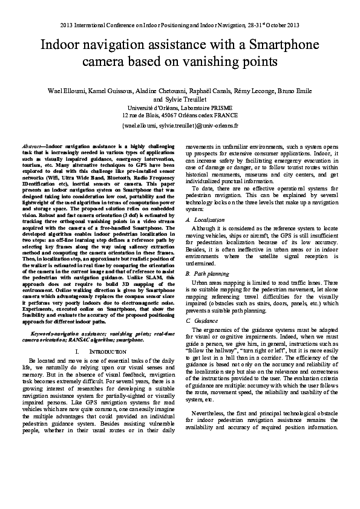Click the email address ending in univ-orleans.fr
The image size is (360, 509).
180,126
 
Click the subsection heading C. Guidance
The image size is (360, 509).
200,320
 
